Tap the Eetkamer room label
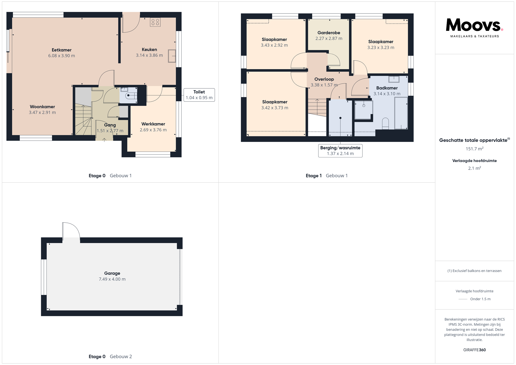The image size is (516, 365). pyautogui.click(x=62, y=50)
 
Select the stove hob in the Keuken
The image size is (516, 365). pyautogui.click(x=155, y=22)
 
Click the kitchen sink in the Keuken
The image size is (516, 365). pyautogui.click(x=172, y=56)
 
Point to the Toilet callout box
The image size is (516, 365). pyautogui.click(x=199, y=95)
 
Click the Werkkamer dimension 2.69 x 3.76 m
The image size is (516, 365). pyautogui.click(x=153, y=130)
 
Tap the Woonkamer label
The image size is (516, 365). pyautogui.click(x=42, y=107)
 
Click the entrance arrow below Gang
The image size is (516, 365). pyautogui.click(x=104, y=139)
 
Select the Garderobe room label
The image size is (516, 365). pyautogui.click(x=329, y=33)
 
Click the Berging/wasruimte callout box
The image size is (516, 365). pyautogui.click(x=340, y=151)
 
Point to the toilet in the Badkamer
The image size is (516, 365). pyautogui.click(x=385, y=123)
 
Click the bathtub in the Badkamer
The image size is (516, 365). pyautogui.click(x=401, y=113)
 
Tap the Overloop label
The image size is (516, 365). pyautogui.click(x=324, y=79)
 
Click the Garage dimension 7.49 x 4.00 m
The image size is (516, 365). pyautogui.click(x=112, y=279)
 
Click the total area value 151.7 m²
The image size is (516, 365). pyautogui.click(x=475, y=149)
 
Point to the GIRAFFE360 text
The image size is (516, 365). pyautogui.click(x=475, y=350)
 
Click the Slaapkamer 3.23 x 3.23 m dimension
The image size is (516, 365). pyautogui.click(x=381, y=48)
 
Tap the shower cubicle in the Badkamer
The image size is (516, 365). pyautogui.click(x=364, y=110)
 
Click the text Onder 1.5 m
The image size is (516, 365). pyautogui.click(x=480, y=299)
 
